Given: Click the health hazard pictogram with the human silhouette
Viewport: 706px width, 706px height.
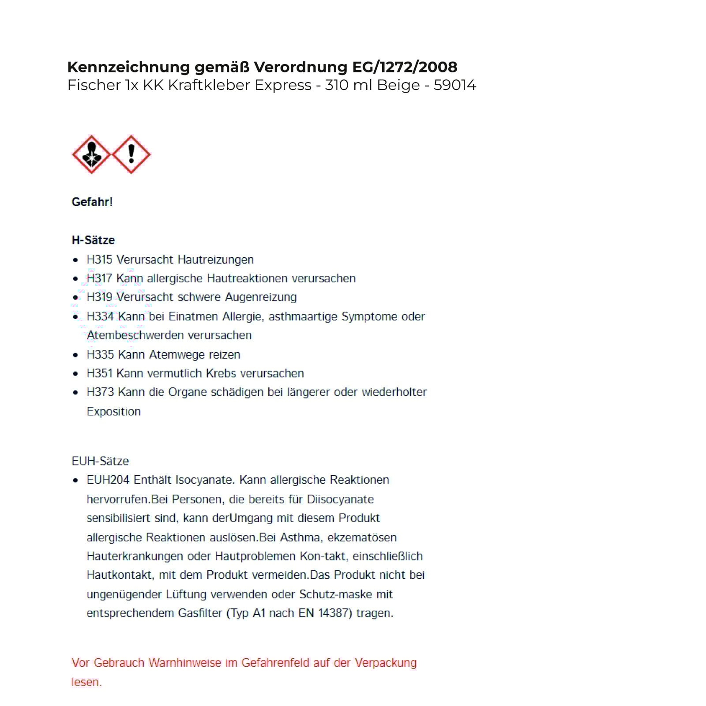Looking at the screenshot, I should (91, 154).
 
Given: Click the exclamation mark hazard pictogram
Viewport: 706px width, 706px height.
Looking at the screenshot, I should (131, 154).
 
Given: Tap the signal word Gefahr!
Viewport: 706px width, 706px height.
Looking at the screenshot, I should (92, 202).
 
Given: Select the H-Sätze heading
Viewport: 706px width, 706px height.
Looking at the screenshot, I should (93, 240).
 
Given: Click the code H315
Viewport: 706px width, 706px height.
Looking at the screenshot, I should (100, 259).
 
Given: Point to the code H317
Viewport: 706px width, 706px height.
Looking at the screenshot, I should (100, 278).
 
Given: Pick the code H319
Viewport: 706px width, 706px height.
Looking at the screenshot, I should (100, 297).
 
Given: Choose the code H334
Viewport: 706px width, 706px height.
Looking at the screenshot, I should (100, 316).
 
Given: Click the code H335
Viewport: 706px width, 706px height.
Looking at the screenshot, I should (100, 354).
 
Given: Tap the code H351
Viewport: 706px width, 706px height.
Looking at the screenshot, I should (100, 373).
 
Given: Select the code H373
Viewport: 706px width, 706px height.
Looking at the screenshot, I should (100, 392).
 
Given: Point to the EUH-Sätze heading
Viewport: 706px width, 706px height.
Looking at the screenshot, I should (100, 461).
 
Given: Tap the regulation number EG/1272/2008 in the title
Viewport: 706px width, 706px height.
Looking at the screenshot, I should (405, 67).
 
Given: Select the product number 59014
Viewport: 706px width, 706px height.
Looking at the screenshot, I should (454, 85).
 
